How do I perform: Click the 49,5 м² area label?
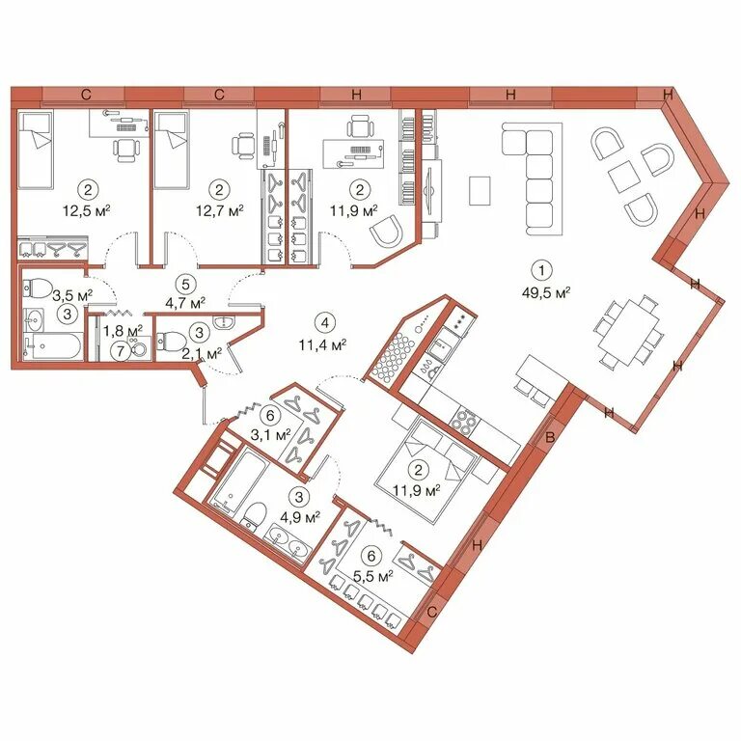point(546,293)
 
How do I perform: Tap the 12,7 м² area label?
point(220,209)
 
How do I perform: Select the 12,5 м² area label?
point(87,209)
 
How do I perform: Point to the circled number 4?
point(324,323)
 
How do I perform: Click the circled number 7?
point(121,350)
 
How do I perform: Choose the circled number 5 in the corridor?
point(185,285)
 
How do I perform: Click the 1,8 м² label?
point(123,330)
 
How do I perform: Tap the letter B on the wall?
point(550,438)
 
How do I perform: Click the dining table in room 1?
point(629,332)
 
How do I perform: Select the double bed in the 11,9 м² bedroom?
point(425,471)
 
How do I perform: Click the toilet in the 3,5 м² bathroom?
point(38,288)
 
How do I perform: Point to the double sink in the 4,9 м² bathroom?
point(289,543)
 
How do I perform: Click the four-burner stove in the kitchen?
point(463,419)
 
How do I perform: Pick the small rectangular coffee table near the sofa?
point(480,190)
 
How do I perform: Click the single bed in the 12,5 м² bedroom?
point(34,150)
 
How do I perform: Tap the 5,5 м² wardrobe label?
point(373,577)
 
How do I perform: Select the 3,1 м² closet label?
point(270,434)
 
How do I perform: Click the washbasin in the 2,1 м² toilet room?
point(225,322)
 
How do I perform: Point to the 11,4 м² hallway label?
point(323,344)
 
